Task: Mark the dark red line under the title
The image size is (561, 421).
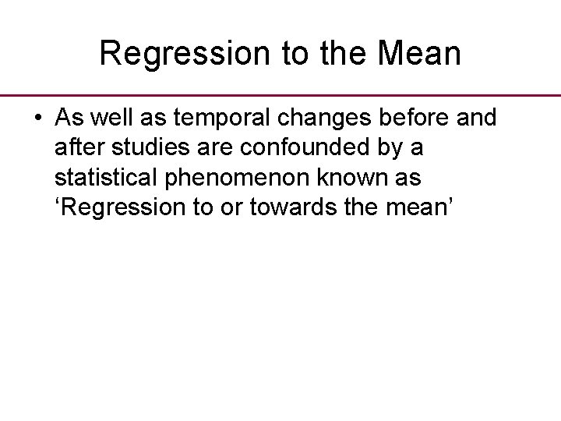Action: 280,94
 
